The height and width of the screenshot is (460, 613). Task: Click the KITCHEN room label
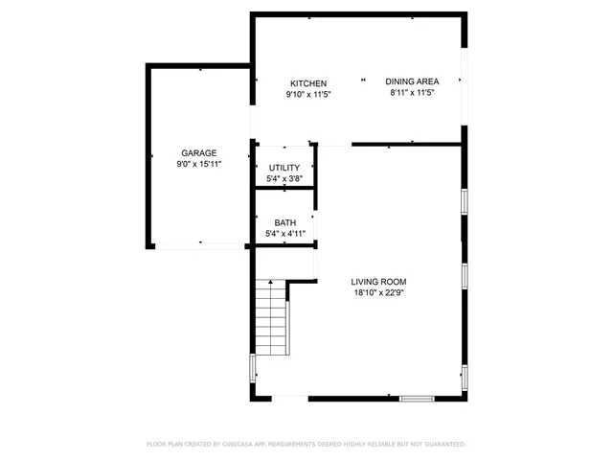(308, 83)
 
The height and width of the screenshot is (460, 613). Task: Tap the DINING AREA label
(412, 81)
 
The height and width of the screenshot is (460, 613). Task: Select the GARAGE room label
(199, 153)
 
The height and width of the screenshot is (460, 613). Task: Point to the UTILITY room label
(284, 168)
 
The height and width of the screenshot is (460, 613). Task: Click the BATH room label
(284, 222)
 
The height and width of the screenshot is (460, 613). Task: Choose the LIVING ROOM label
(380, 282)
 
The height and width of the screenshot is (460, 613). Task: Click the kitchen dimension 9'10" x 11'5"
(308, 95)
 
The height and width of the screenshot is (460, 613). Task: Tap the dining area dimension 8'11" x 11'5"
(412, 93)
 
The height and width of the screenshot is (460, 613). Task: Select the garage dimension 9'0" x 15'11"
(199, 165)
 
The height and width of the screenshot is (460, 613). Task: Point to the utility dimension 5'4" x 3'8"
(284, 179)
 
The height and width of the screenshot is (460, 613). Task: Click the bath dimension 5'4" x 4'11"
(284, 234)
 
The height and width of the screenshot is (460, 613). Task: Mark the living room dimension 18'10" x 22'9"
(380, 293)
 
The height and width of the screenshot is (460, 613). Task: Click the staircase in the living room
(272, 322)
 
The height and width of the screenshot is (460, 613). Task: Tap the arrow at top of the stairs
(272, 284)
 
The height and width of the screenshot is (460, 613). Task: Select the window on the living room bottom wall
(417, 398)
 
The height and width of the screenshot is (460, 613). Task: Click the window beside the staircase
(253, 369)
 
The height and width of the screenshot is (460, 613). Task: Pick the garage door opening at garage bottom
(199, 247)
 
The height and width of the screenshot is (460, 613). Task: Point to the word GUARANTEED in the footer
(442, 445)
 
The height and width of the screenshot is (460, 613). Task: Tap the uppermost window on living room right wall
(464, 201)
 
